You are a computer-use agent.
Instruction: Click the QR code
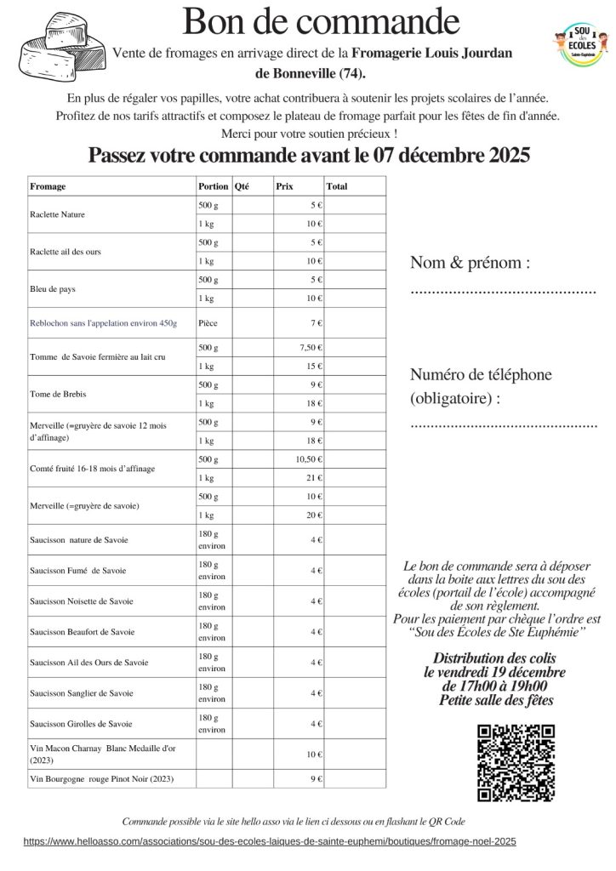[517, 761]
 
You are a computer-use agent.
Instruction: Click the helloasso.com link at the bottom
[270, 840]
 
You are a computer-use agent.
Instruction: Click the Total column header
[337, 186]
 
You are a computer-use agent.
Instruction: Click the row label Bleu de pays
[53, 289]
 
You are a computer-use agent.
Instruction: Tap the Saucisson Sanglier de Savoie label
[81, 693]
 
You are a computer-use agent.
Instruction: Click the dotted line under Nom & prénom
[503, 292]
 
